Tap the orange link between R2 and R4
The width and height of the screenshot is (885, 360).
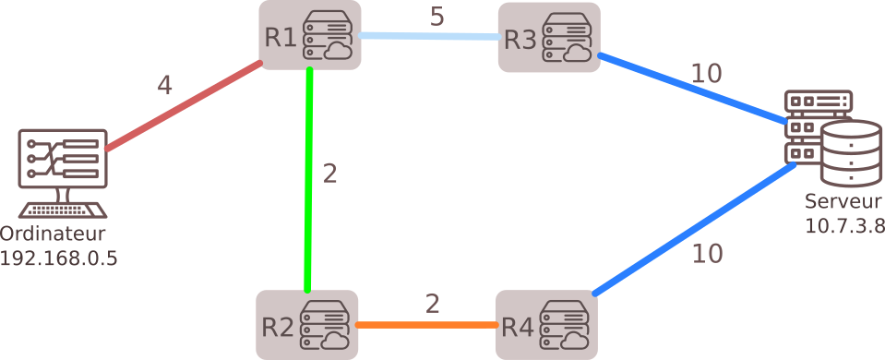(x=425, y=325)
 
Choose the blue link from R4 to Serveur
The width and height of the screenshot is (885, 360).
(x=692, y=231)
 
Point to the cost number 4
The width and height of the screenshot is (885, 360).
(x=164, y=86)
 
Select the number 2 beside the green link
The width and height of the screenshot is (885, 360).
(x=329, y=174)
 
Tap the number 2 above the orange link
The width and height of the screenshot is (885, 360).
(x=433, y=303)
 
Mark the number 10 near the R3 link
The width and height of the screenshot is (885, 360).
(x=706, y=74)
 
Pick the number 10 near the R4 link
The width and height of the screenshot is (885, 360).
(x=708, y=253)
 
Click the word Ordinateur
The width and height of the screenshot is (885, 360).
(x=54, y=233)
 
